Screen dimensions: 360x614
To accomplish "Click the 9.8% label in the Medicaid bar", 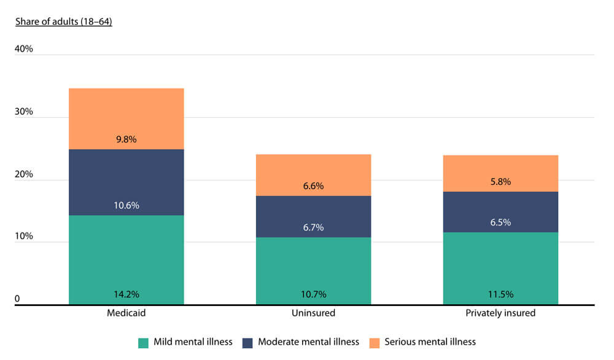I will pos(126,139).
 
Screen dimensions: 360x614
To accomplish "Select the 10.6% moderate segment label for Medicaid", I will pos(126,205).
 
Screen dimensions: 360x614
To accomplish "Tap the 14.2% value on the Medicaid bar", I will pos(126,294).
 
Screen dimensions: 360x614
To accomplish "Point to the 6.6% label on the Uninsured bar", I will pos(313,186).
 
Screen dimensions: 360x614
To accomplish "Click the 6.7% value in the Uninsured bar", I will pos(313,227).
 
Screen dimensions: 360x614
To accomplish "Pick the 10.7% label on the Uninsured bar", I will pos(313,294).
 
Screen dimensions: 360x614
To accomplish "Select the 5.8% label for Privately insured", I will pos(500,182).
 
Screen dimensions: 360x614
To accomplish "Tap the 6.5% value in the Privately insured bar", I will pos(500,222).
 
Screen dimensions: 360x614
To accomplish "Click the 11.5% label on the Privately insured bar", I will pos(500,294).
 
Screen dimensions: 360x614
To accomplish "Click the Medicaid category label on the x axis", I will pos(126,313).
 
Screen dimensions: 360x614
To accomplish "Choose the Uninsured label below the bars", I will pos(313,313).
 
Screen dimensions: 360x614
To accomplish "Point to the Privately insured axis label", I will pos(500,313).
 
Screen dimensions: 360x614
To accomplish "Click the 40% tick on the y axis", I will pos(23,49).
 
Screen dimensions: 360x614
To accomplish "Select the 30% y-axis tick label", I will pos(23,112).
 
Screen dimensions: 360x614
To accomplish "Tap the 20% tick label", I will pos(23,174).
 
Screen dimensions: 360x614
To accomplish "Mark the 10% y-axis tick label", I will pos(23,237).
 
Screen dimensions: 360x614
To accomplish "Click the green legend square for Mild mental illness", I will pos(144,342).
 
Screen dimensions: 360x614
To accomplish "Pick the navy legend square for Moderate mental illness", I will pos(247,342).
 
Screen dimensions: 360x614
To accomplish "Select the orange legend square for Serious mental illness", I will pos(374,342).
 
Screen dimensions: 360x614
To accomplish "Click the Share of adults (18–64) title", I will pos(63,22).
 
